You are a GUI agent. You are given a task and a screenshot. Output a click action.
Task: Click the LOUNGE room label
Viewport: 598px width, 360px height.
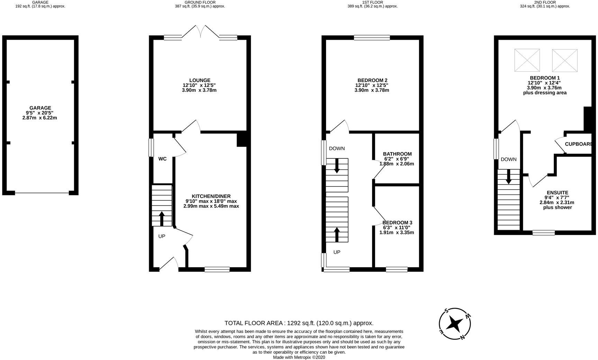(x=200, y=80)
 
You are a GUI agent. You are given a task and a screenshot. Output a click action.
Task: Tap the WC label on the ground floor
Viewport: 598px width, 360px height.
(x=162, y=159)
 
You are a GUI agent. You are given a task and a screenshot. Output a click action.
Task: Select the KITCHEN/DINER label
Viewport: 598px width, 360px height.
(x=211, y=196)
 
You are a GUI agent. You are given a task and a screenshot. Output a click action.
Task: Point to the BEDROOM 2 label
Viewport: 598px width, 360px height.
(x=372, y=80)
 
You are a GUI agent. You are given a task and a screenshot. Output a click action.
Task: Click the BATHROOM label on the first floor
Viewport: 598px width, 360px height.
(x=397, y=154)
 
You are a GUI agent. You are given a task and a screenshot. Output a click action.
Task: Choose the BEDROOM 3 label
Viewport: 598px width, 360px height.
(x=397, y=222)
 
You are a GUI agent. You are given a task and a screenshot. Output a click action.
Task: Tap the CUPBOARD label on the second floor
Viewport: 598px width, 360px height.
(x=578, y=144)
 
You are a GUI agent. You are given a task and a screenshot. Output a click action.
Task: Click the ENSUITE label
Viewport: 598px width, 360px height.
(x=557, y=193)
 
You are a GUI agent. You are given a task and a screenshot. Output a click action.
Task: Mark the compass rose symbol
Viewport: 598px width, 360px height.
(x=454, y=324)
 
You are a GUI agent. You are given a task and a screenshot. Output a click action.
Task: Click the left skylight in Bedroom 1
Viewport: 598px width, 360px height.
(x=527, y=60)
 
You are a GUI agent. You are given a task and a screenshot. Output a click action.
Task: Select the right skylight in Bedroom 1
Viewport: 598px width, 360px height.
(x=565, y=60)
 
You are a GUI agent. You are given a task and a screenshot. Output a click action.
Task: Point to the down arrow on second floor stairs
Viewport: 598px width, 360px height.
(x=508, y=176)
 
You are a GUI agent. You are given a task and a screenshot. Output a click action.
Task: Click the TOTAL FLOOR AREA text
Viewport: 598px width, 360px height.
(x=299, y=323)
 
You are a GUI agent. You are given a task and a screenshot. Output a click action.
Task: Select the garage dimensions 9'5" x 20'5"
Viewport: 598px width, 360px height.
(x=40, y=113)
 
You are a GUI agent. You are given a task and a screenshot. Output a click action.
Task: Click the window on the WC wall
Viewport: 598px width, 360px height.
(x=151, y=148)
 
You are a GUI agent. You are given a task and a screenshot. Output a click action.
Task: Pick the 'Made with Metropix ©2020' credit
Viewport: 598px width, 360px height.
(x=299, y=357)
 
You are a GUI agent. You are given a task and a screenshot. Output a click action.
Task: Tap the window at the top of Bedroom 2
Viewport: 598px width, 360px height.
(x=372, y=38)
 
